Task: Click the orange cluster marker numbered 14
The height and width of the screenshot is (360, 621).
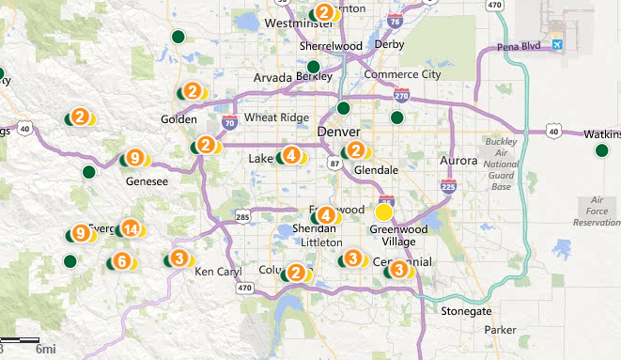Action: click(131, 228)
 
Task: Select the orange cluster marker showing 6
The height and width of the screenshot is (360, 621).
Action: click(121, 261)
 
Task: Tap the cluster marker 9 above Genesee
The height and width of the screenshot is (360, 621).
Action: click(135, 158)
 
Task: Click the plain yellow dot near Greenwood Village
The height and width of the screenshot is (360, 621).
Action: click(383, 212)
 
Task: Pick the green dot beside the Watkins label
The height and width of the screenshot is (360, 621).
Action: click(601, 150)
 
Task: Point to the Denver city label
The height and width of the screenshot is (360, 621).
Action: click(339, 132)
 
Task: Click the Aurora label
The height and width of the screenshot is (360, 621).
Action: click(459, 161)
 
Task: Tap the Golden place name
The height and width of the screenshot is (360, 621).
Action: click(179, 119)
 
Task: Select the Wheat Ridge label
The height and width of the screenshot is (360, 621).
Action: click(270, 117)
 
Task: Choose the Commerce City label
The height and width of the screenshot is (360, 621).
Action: click(402, 74)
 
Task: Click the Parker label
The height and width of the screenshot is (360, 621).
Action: click(502, 330)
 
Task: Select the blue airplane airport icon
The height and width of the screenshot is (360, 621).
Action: click(560, 43)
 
